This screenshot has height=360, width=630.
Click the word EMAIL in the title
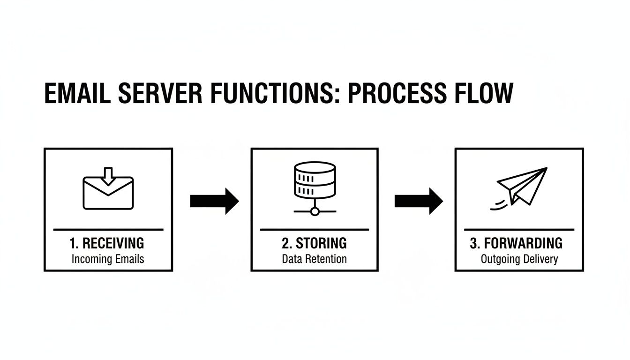coord(77,93)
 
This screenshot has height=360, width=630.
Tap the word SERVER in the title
coord(161,93)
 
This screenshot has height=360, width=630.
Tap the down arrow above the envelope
coord(108,175)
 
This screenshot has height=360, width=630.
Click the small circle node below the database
coord(315,211)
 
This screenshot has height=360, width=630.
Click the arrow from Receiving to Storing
coord(214,201)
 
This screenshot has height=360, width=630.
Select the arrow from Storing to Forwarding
coord(419,201)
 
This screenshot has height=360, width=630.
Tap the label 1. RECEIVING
coord(107,243)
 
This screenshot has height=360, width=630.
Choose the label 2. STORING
coord(315,243)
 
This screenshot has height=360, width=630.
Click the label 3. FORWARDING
coord(516,243)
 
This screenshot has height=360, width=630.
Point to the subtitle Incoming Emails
coord(108,259)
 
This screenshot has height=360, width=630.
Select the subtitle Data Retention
coord(315,259)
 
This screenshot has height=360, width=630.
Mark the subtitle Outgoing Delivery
coord(519,259)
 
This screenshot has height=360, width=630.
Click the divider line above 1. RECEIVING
coord(108,230)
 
